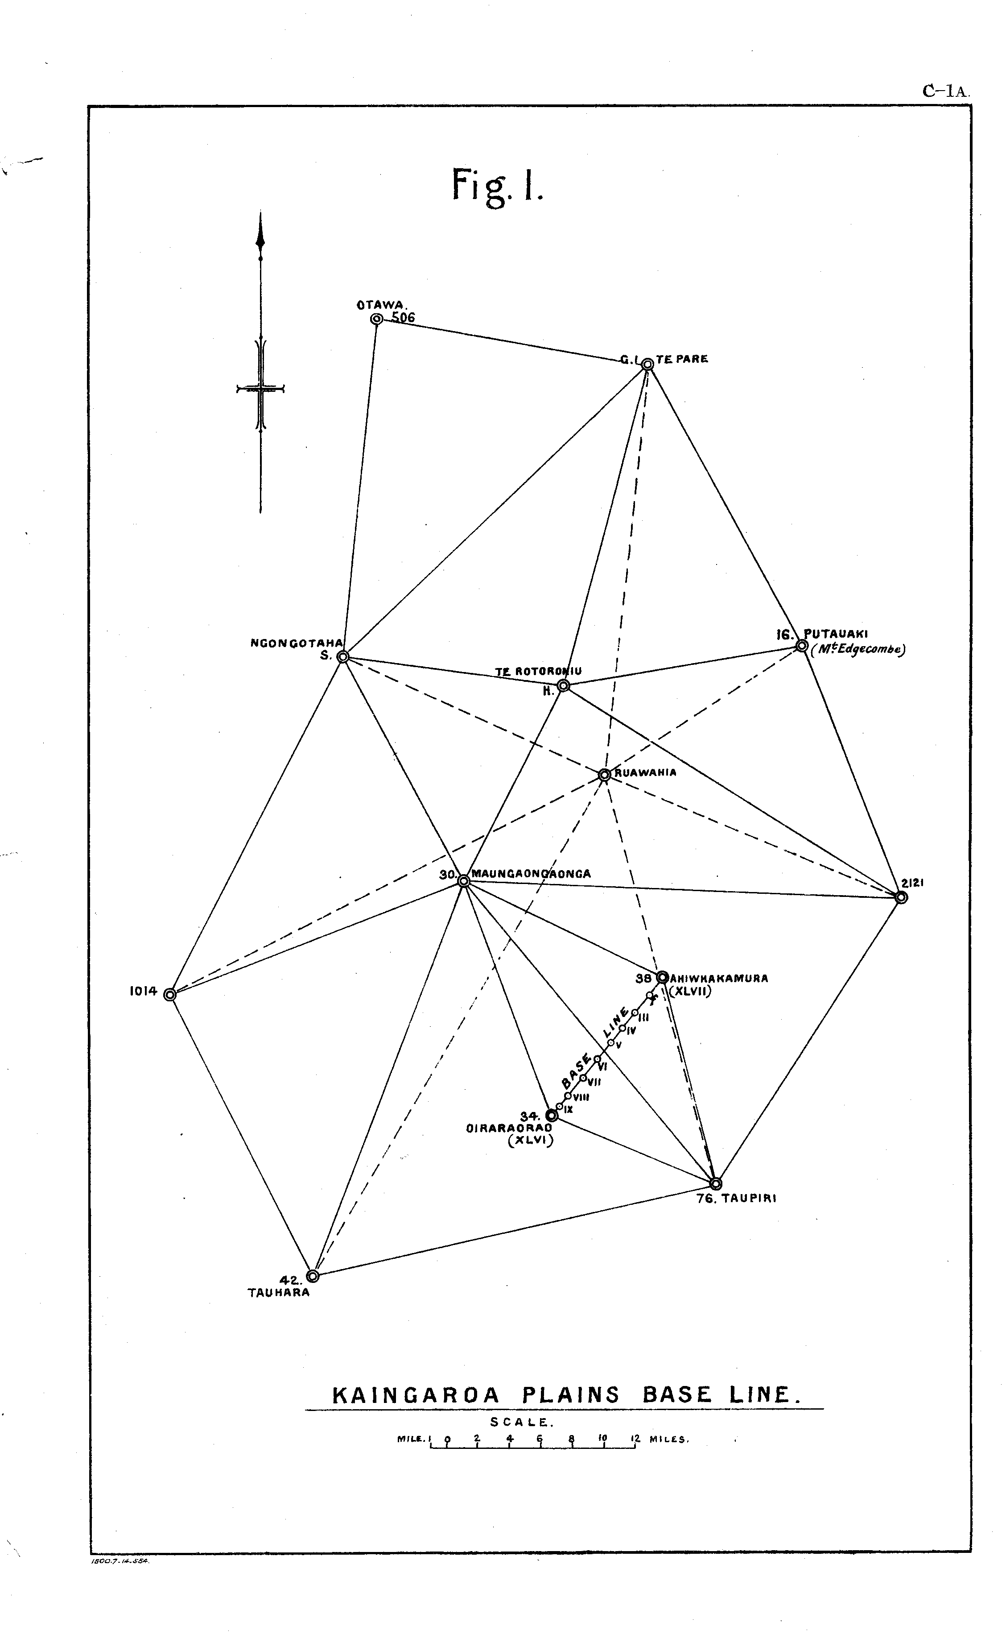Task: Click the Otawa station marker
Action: tap(376, 319)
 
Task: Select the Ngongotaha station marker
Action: tap(342, 657)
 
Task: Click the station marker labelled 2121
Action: tap(901, 897)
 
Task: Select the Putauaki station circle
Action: tap(802, 646)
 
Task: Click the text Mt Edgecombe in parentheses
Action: tap(857, 651)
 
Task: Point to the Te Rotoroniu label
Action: tap(538, 672)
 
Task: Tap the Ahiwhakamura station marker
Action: tap(663, 977)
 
